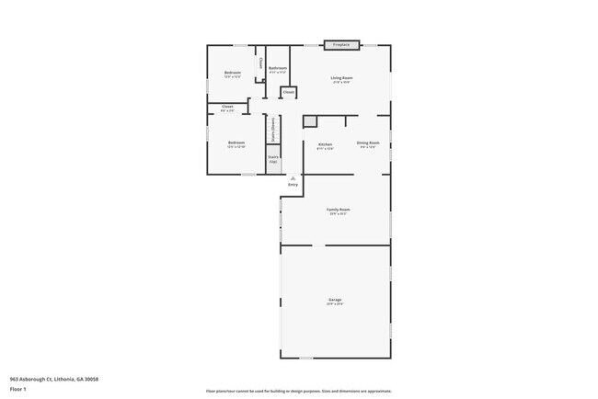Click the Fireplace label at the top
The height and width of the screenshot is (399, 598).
[341, 44]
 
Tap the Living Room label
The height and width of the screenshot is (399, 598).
[342, 78]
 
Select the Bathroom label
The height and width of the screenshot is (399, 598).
[278, 68]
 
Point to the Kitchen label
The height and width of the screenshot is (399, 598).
[325, 144]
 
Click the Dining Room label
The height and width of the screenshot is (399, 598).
[368, 144]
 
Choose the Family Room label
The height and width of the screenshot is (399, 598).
[339, 210]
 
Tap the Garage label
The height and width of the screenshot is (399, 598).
[335, 300]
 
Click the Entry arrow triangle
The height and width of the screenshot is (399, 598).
[293, 178]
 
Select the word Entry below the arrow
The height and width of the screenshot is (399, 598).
[293, 185]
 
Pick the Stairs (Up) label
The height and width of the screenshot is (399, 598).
[273, 158]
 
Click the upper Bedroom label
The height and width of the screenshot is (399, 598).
[233, 73]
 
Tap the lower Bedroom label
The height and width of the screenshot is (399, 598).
[236, 142]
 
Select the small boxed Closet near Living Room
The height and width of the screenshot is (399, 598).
[288, 92]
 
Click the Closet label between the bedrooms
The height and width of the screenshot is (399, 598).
[227, 107]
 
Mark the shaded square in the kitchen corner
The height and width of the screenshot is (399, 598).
[310, 121]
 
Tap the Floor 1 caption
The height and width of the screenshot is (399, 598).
[17, 389]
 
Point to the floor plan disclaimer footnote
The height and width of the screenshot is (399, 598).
[299, 390]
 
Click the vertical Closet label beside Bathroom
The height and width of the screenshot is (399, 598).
[261, 63]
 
